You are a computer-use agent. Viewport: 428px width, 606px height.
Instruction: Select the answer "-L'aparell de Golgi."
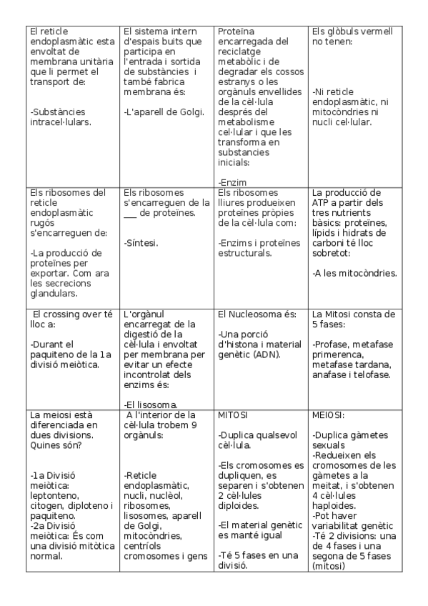tap(164, 111)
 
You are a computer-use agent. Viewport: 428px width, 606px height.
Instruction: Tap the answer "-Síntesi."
tap(141, 243)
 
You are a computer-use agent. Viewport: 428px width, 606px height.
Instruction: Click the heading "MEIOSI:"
tap(329, 414)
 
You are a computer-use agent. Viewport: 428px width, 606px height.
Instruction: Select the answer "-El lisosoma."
tap(151, 404)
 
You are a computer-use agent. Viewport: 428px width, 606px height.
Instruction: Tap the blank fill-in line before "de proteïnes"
tap(129, 213)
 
